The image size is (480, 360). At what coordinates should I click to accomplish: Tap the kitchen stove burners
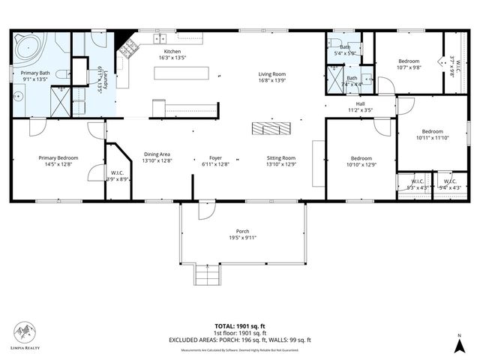coord(129,49)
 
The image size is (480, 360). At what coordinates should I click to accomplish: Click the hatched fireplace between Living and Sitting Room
coord(268,129)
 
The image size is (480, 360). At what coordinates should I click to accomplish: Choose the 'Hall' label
coord(360,104)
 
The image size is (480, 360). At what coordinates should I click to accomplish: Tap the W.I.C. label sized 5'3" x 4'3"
coord(418,184)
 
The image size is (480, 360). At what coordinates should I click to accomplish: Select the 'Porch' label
coord(242,231)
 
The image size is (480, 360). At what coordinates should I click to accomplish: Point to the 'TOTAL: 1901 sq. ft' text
coord(240,326)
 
